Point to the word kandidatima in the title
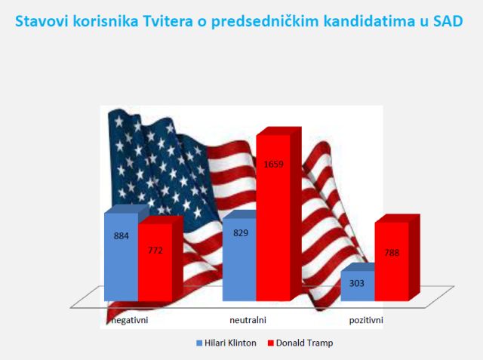[367, 21]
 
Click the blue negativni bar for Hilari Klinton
[121, 257]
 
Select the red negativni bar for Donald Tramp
[155, 263]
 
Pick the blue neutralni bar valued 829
[239, 260]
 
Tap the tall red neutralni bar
[273, 217]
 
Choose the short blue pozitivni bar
[358, 286]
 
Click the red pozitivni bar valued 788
[392, 261]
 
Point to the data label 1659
[273, 164]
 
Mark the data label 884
[122, 236]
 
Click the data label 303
[357, 283]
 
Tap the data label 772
[155, 251]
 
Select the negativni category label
[130, 320]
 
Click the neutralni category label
[248, 320]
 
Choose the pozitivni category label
[366, 320]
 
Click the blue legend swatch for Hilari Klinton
[199, 343]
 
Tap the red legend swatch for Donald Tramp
[271, 343]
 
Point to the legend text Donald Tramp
[305, 343]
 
